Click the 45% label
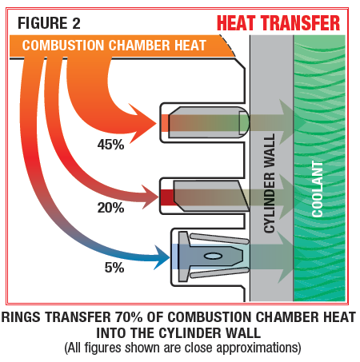click(110, 145)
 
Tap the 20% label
click(110, 208)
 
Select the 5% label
click(114, 268)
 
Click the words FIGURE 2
click(49, 23)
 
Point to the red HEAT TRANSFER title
click(278, 23)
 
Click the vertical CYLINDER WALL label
click(270, 183)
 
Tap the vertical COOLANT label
click(318, 189)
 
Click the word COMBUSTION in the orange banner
click(63, 46)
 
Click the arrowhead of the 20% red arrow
click(150, 197)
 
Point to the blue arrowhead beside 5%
click(162, 257)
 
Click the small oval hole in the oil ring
click(213, 256)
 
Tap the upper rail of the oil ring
click(219, 239)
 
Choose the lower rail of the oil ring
click(219, 273)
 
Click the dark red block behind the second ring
click(167, 197)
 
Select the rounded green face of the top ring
click(244, 123)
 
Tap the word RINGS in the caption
click(21, 317)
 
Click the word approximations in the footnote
click(258, 348)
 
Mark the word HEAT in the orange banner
click(190, 46)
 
